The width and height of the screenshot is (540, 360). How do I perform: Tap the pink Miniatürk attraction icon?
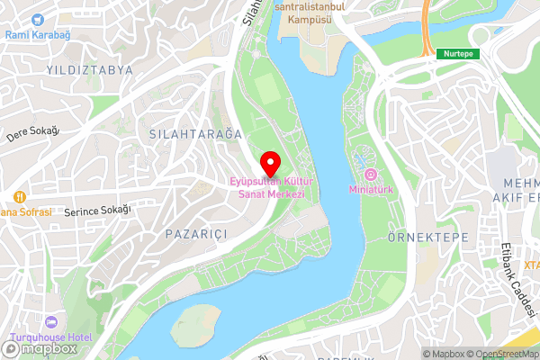tap(370, 173)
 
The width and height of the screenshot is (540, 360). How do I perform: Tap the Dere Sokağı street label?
tap(32, 133)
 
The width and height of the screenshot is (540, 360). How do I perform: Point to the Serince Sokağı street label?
tap(98, 211)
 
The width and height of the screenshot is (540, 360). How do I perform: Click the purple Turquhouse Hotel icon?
tap(50, 321)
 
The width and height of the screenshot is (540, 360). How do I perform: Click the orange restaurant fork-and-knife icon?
tap(19, 197)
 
